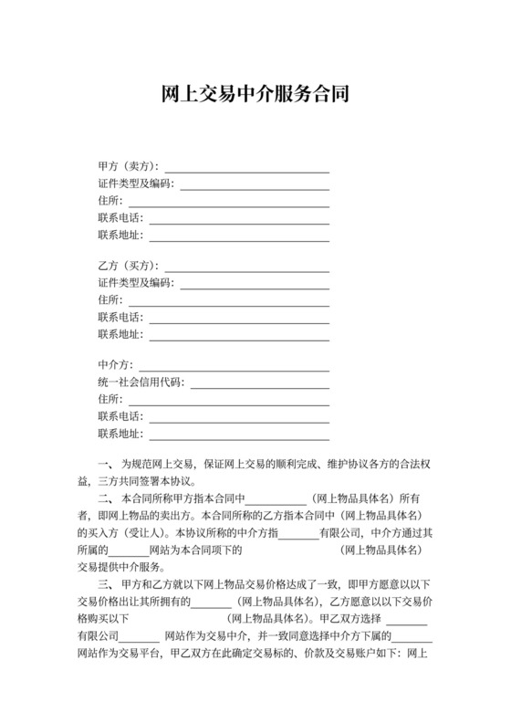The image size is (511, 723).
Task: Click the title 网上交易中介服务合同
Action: pos(255,94)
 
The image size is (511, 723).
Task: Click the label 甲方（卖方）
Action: pos(128,167)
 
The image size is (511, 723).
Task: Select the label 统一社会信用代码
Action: pos(141,382)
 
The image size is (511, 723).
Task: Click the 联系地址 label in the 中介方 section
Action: pos(120,434)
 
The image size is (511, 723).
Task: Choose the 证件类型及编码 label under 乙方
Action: pos(134,283)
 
